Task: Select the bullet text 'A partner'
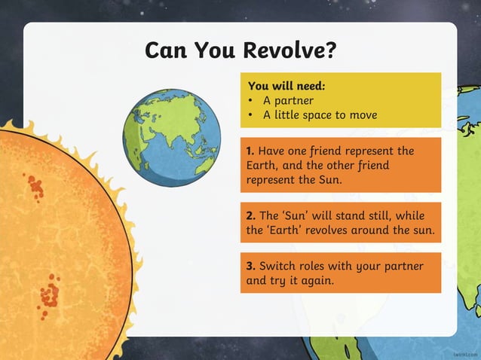pos(288,100)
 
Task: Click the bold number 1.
pos(250,151)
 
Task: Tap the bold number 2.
pos(250,215)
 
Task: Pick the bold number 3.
pos(250,266)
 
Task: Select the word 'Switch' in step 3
pos(277,266)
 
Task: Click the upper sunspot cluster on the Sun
pos(35,186)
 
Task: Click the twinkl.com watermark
pos(465,352)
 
